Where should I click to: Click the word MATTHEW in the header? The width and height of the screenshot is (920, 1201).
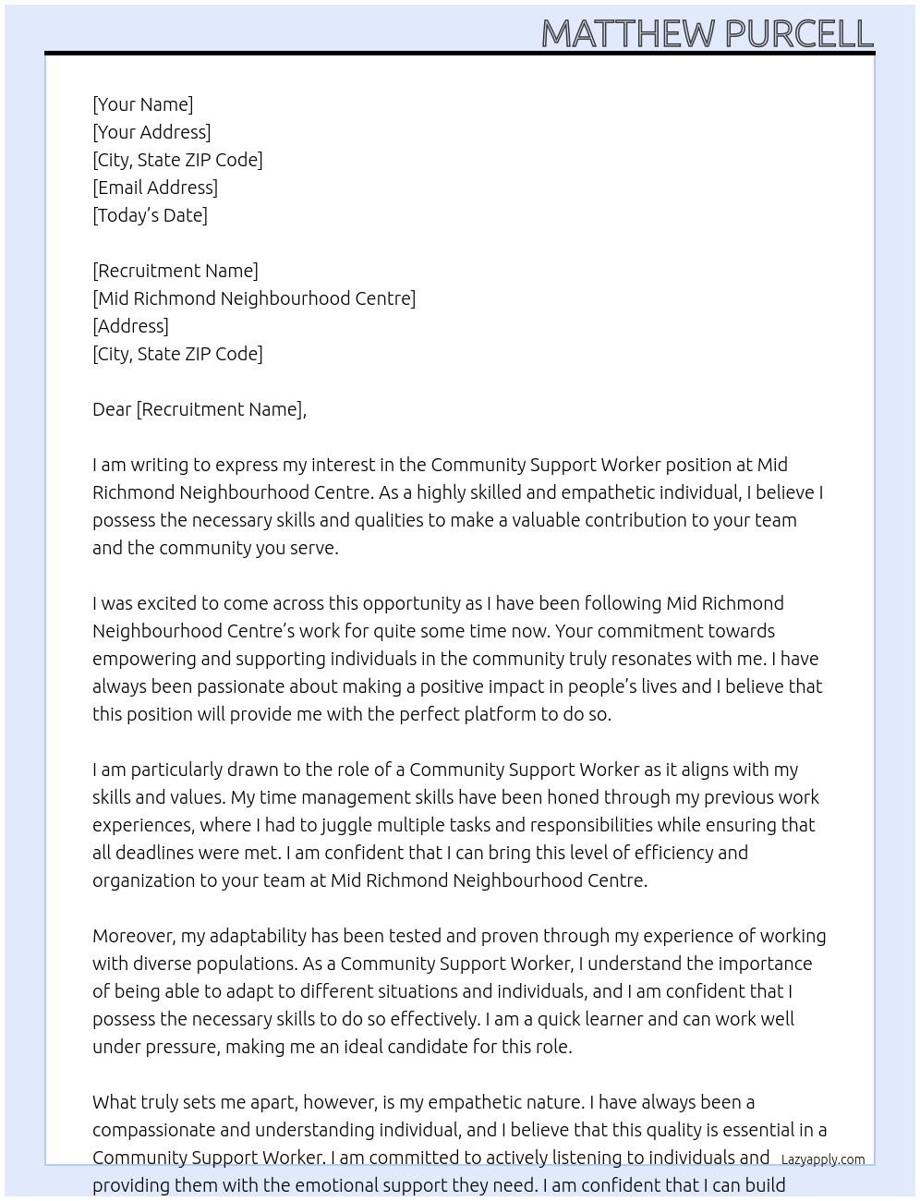(627, 33)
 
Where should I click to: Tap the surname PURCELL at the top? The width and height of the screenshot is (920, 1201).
(798, 33)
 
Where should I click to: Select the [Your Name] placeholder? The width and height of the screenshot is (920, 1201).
(142, 104)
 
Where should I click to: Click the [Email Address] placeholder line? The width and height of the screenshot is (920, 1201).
(155, 188)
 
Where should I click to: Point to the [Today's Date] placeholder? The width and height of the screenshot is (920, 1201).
(150, 215)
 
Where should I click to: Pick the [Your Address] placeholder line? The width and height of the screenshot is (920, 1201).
(151, 132)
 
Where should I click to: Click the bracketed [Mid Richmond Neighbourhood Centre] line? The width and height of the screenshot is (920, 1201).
(254, 298)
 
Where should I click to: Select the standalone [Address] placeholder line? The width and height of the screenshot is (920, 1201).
(130, 326)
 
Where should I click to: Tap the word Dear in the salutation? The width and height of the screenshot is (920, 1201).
(112, 409)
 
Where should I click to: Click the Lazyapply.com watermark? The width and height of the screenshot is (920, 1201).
(823, 1159)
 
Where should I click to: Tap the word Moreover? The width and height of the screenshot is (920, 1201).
(134, 936)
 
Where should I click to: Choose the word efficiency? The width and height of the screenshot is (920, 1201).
(671, 853)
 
